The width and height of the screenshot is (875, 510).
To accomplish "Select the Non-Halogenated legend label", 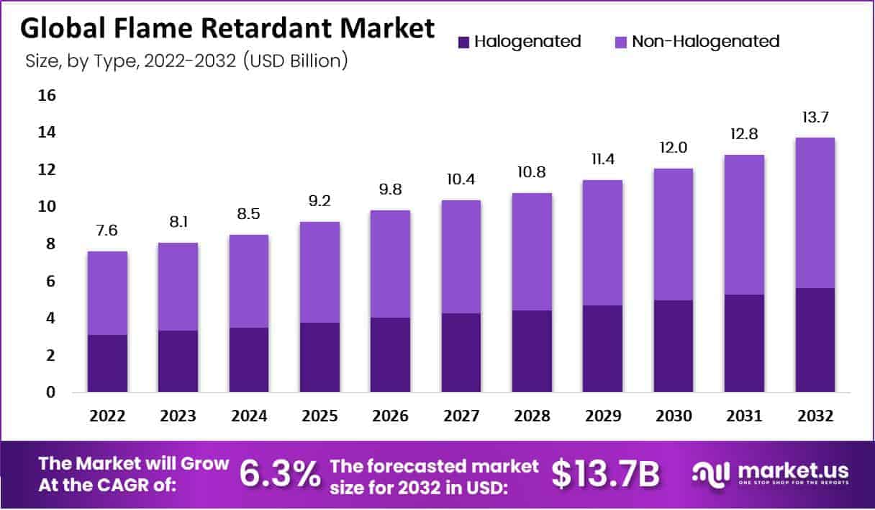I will point(705,42).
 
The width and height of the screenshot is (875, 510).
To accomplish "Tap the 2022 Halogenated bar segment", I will point(107,363).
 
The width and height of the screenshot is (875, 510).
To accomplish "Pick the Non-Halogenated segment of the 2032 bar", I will point(815,212).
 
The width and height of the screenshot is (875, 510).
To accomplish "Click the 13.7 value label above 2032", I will point(815,117).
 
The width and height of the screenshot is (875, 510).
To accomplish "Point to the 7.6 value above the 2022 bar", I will point(107,231).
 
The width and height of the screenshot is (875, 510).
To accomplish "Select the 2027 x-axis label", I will point(461,416).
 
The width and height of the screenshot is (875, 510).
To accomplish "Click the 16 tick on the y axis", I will point(46,96).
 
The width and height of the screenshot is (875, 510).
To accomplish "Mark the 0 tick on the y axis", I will point(50,393).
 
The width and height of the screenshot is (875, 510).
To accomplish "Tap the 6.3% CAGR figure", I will point(279,474).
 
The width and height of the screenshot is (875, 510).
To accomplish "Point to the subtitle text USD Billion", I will point(296,61).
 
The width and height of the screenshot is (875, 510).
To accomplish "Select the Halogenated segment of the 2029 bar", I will point(603,349).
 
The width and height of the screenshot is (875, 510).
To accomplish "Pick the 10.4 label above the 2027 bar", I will point(461,179).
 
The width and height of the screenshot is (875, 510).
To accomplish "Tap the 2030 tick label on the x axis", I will point(674,416).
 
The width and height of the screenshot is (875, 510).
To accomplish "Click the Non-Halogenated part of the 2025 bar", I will point(319,272).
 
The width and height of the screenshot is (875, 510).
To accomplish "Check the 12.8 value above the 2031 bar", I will point(744,135).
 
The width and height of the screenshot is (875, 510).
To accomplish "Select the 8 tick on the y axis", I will point(50,244).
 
